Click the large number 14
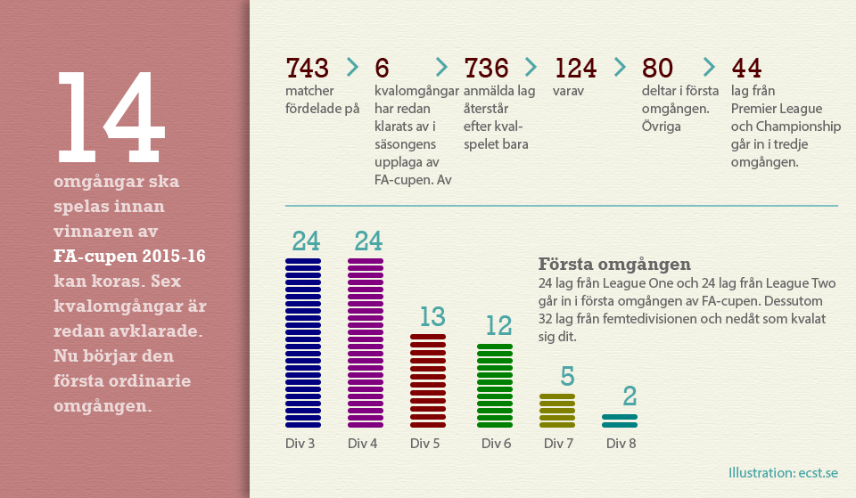point(111,116)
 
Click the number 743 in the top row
point(307,68)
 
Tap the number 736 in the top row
point(486,68)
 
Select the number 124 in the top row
point(575,68)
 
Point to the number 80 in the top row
point(657,68)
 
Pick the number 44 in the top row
point(746,68)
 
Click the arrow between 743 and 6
point(352,67)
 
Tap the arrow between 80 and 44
point(709,67)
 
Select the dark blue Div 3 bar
point(303,343)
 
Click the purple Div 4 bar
point(366,343)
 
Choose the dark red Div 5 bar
point(428,381)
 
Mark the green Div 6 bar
point(495,385)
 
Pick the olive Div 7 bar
point(557,411)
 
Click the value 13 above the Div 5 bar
point(432,317)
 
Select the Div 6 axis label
point(496,443)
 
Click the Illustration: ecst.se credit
point(782,473)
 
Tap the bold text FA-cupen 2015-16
point(129,257)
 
